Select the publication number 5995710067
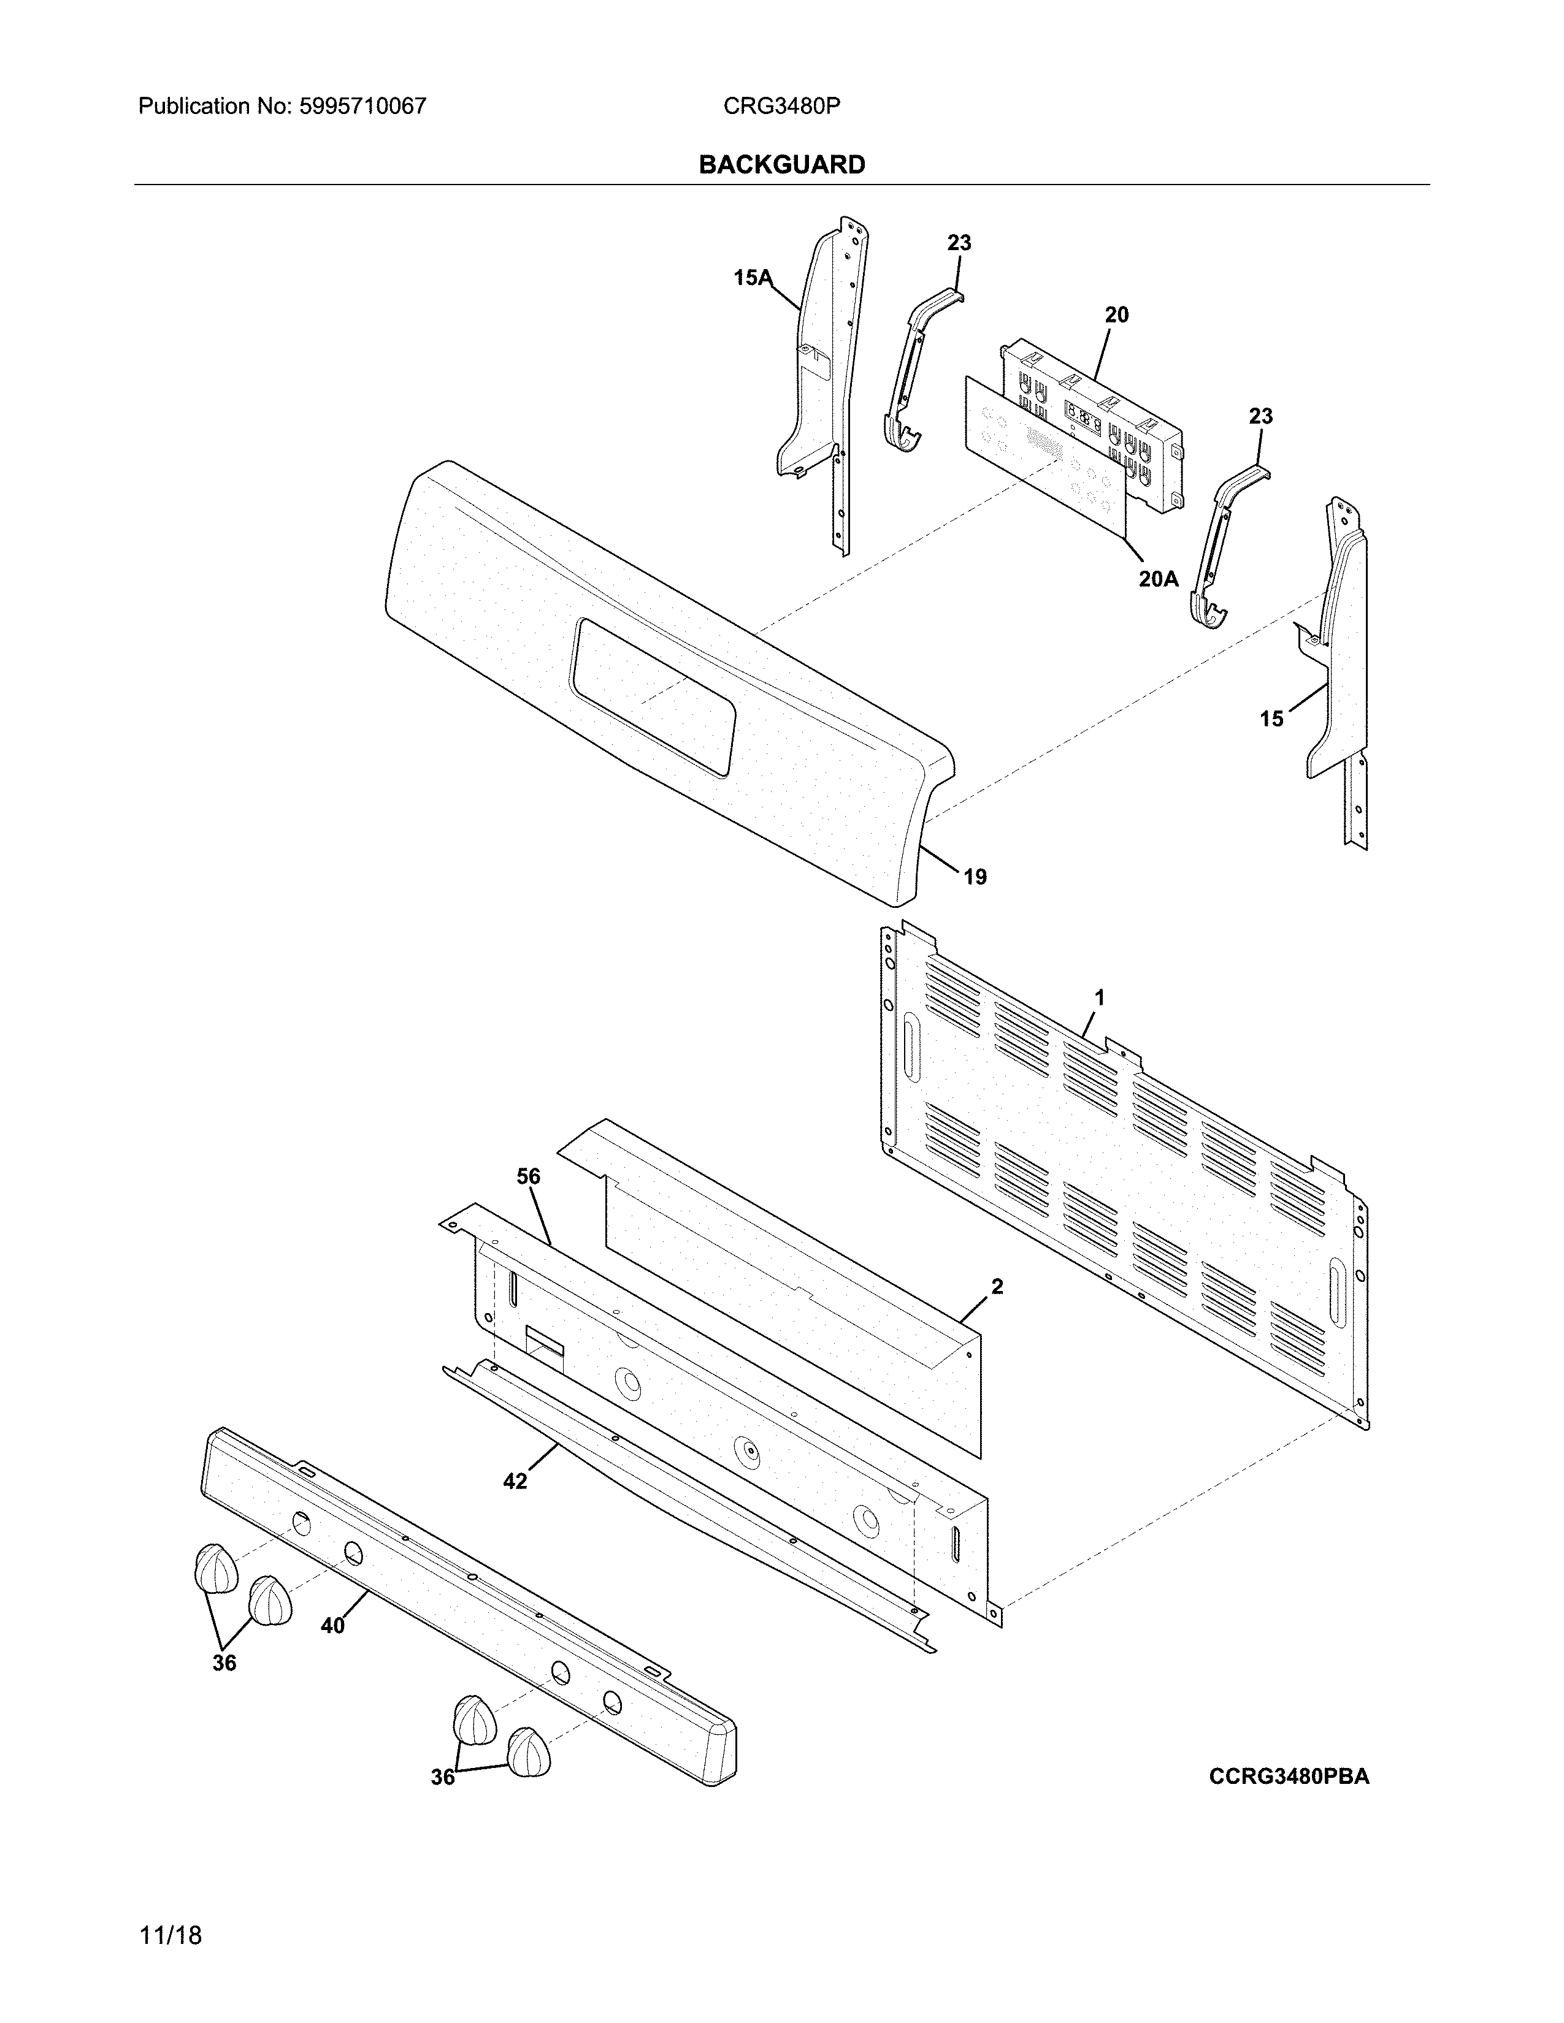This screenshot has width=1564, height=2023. tap(362, 107)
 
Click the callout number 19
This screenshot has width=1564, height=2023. tap(975, 876)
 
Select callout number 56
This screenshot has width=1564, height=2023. tap(528, 1176)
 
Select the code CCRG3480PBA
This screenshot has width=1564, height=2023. tap(1289, 1776)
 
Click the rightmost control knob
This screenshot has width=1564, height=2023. tap(528, 1751)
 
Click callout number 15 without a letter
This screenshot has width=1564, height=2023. tap(1271, 719)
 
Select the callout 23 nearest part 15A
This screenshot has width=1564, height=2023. tap(959, 243)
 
